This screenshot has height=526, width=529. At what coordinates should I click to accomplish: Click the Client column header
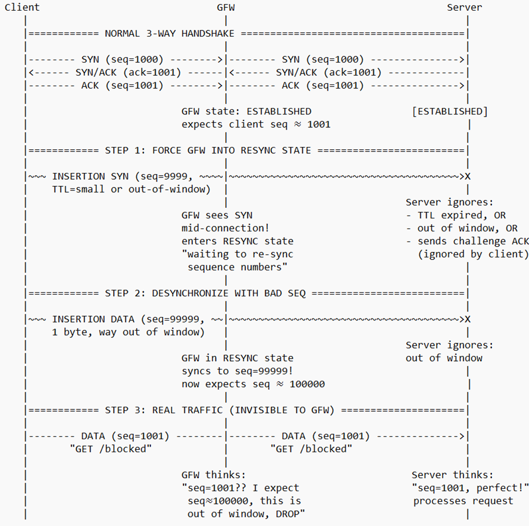(22, 7)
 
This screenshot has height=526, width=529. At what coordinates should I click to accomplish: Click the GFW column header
(226, 7)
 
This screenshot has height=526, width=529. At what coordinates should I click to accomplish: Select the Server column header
(464, 7)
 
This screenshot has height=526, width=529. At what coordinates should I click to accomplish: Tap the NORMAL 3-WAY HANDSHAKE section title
(169, 33)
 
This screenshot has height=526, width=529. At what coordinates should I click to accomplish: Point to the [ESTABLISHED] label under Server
(450, 111)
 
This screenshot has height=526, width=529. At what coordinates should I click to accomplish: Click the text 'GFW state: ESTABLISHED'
(246, 111)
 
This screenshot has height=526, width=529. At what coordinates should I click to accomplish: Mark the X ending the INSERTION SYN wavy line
(468, 176)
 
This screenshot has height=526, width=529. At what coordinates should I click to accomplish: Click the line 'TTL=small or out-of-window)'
(131, 189)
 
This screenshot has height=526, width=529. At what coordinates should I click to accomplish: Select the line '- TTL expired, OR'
(456, 215)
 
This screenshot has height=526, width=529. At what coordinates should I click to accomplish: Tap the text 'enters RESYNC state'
(237, 241)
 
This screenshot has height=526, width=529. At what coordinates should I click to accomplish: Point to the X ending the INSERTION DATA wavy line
(468, 319)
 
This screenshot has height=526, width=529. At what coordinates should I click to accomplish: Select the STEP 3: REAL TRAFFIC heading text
(219, 410)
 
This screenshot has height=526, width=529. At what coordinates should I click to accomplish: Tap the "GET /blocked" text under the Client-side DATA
(110, 449)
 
